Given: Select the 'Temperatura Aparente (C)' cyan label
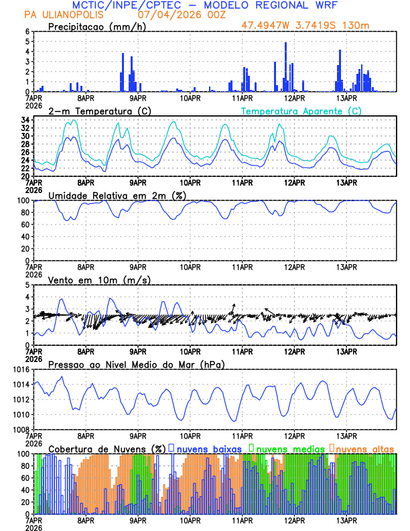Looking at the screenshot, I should [x=301, y=111].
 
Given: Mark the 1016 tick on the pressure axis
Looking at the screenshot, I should [x=21, y=369].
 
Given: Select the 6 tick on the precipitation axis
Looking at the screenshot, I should [x=27, y=32].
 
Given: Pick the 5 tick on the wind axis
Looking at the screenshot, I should [x=27, y=285].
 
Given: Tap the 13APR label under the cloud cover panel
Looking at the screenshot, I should [x=346, y=520].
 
